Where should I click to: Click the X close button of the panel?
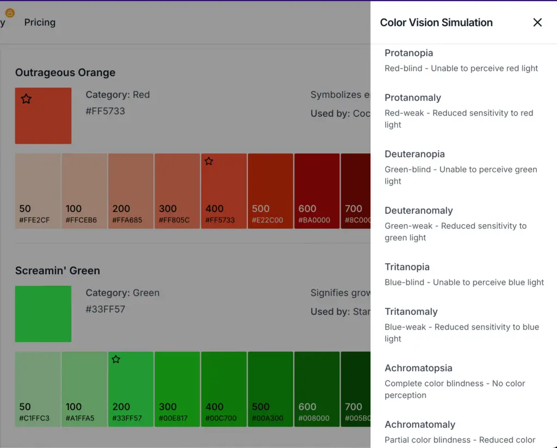(x=537, y=22)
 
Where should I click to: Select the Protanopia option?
(x=409, y=53)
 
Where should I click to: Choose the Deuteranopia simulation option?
(x=414, y=154)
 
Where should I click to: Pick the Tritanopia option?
(x=407, y=267)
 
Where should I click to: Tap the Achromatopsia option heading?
(x=418, y=368)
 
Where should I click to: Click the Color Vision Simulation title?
(x=436, y=22)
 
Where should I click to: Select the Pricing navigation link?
(x=40, y=22)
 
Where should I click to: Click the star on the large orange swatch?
(x=26, y=99)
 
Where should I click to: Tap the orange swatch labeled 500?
(x=270, y=190)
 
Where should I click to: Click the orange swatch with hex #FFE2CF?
(x=38, y=190)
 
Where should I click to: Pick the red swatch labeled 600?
(x=317, y=190)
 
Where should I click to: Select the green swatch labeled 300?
(x=177, y=389)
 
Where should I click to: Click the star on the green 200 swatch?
(x=116, y=359)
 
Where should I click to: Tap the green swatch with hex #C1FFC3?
(x=38, y=389)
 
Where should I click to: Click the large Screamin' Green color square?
(x=43, y=314)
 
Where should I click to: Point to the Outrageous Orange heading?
(x=65, y=72)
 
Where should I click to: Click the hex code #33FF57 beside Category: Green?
(x=105, y=309)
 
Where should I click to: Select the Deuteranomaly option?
(x=418, y=210)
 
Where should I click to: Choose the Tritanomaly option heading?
(x=411, y=312)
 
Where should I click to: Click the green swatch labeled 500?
(x=270, y=389)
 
